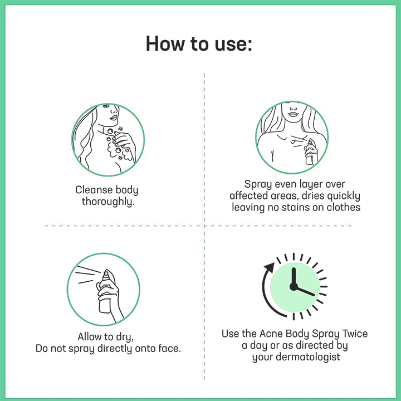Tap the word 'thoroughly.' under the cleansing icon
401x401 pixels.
pos(107,202)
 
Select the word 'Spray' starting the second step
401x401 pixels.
pos(258,184)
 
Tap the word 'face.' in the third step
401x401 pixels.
pos(168,349)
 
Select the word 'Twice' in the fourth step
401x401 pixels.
pos(352,334)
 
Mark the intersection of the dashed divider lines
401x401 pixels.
pos(204,226)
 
